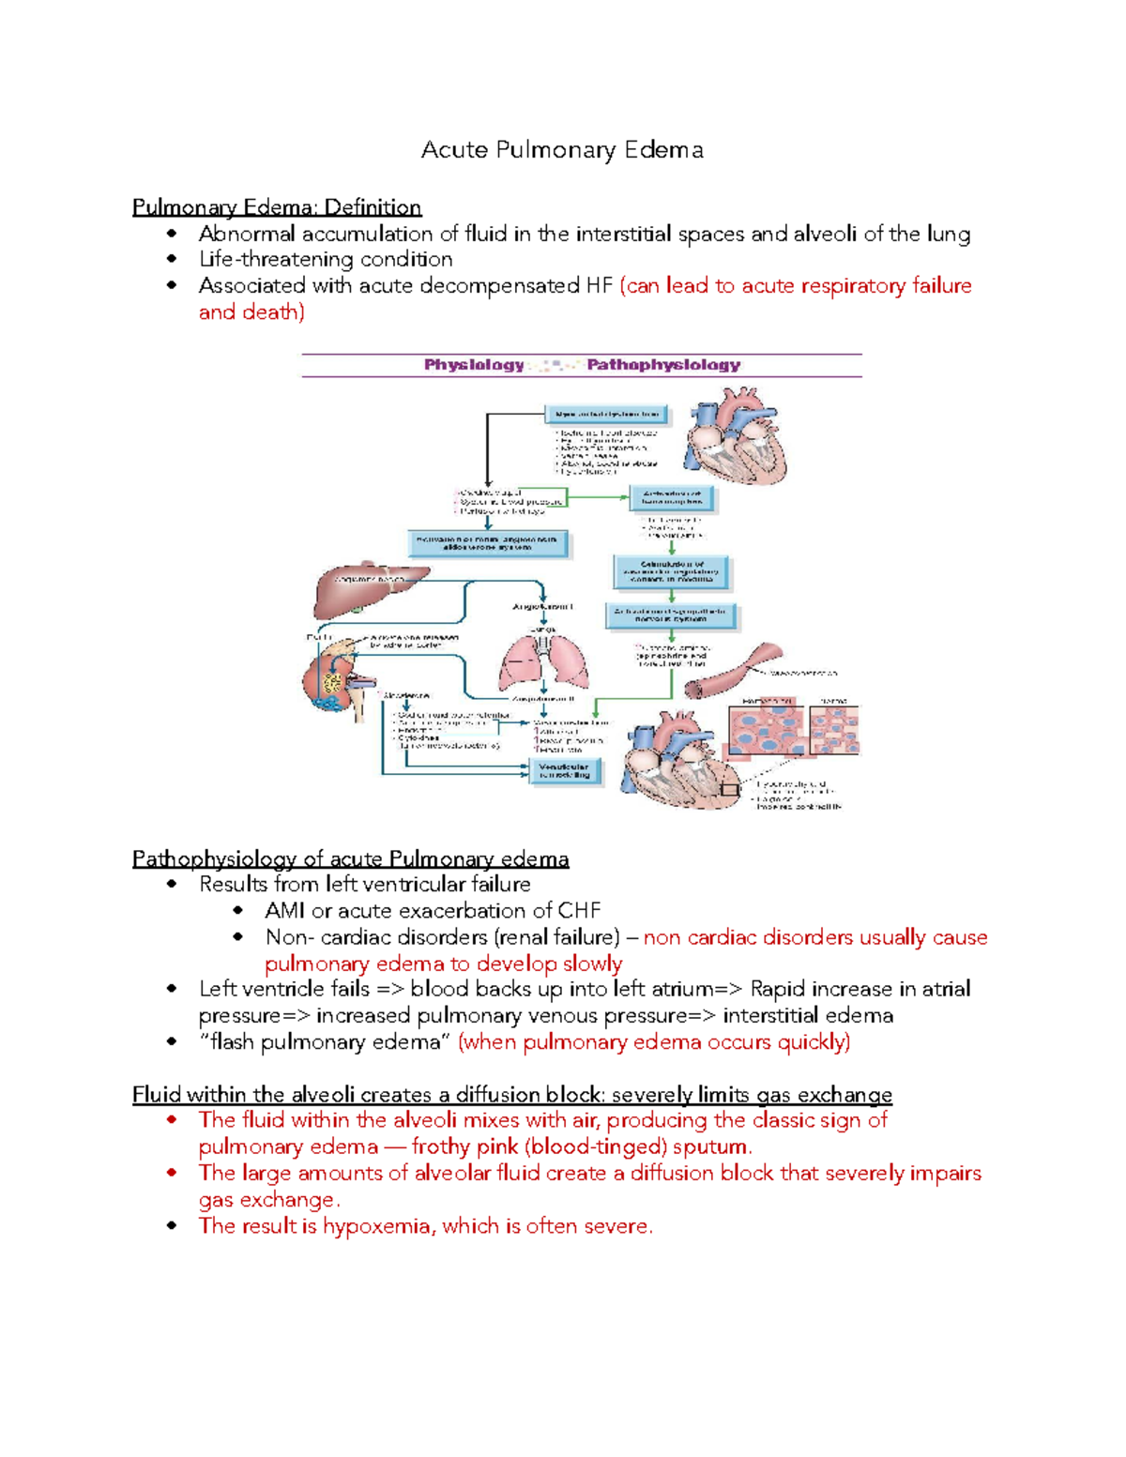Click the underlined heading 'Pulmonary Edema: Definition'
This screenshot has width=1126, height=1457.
[277, 207]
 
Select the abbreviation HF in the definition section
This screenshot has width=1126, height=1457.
[599, 285]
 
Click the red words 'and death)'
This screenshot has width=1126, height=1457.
[251, 311]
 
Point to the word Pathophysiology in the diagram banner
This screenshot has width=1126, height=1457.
[663, 365]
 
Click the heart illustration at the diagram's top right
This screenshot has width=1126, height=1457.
[735, 438]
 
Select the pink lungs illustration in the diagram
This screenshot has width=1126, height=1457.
[544, 661]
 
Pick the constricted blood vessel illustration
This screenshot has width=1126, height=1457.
[733, 671]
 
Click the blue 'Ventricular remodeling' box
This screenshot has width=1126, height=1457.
[564, 771]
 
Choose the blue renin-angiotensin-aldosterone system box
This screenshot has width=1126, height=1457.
[488, 543]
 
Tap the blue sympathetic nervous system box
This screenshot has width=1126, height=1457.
[670, 615]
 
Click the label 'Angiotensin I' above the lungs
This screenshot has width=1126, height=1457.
[542, 607]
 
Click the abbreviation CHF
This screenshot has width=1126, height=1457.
[579, 910]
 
